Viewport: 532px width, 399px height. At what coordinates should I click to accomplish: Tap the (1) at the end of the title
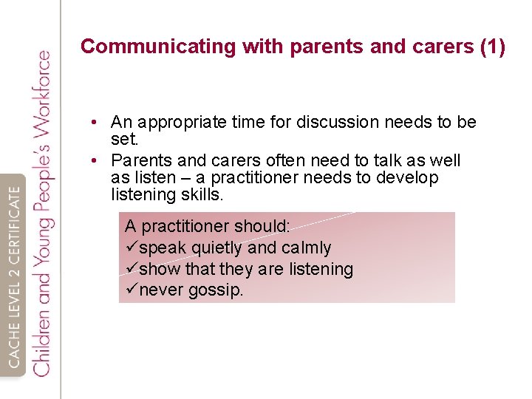click(x=492, y=47)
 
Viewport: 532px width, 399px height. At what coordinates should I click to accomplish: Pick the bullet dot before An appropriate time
click(x=96, y=123)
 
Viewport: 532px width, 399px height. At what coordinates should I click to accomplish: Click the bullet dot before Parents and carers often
click(x=96, y=161)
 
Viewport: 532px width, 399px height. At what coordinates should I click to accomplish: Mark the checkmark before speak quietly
click(x=132, y=248)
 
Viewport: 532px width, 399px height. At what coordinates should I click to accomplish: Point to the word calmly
click(x=306, y=248)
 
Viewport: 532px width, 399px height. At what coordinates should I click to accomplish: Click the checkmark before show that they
click(x=132, y=269)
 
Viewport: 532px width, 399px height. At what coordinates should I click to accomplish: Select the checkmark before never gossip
click(x=132, y=290)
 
